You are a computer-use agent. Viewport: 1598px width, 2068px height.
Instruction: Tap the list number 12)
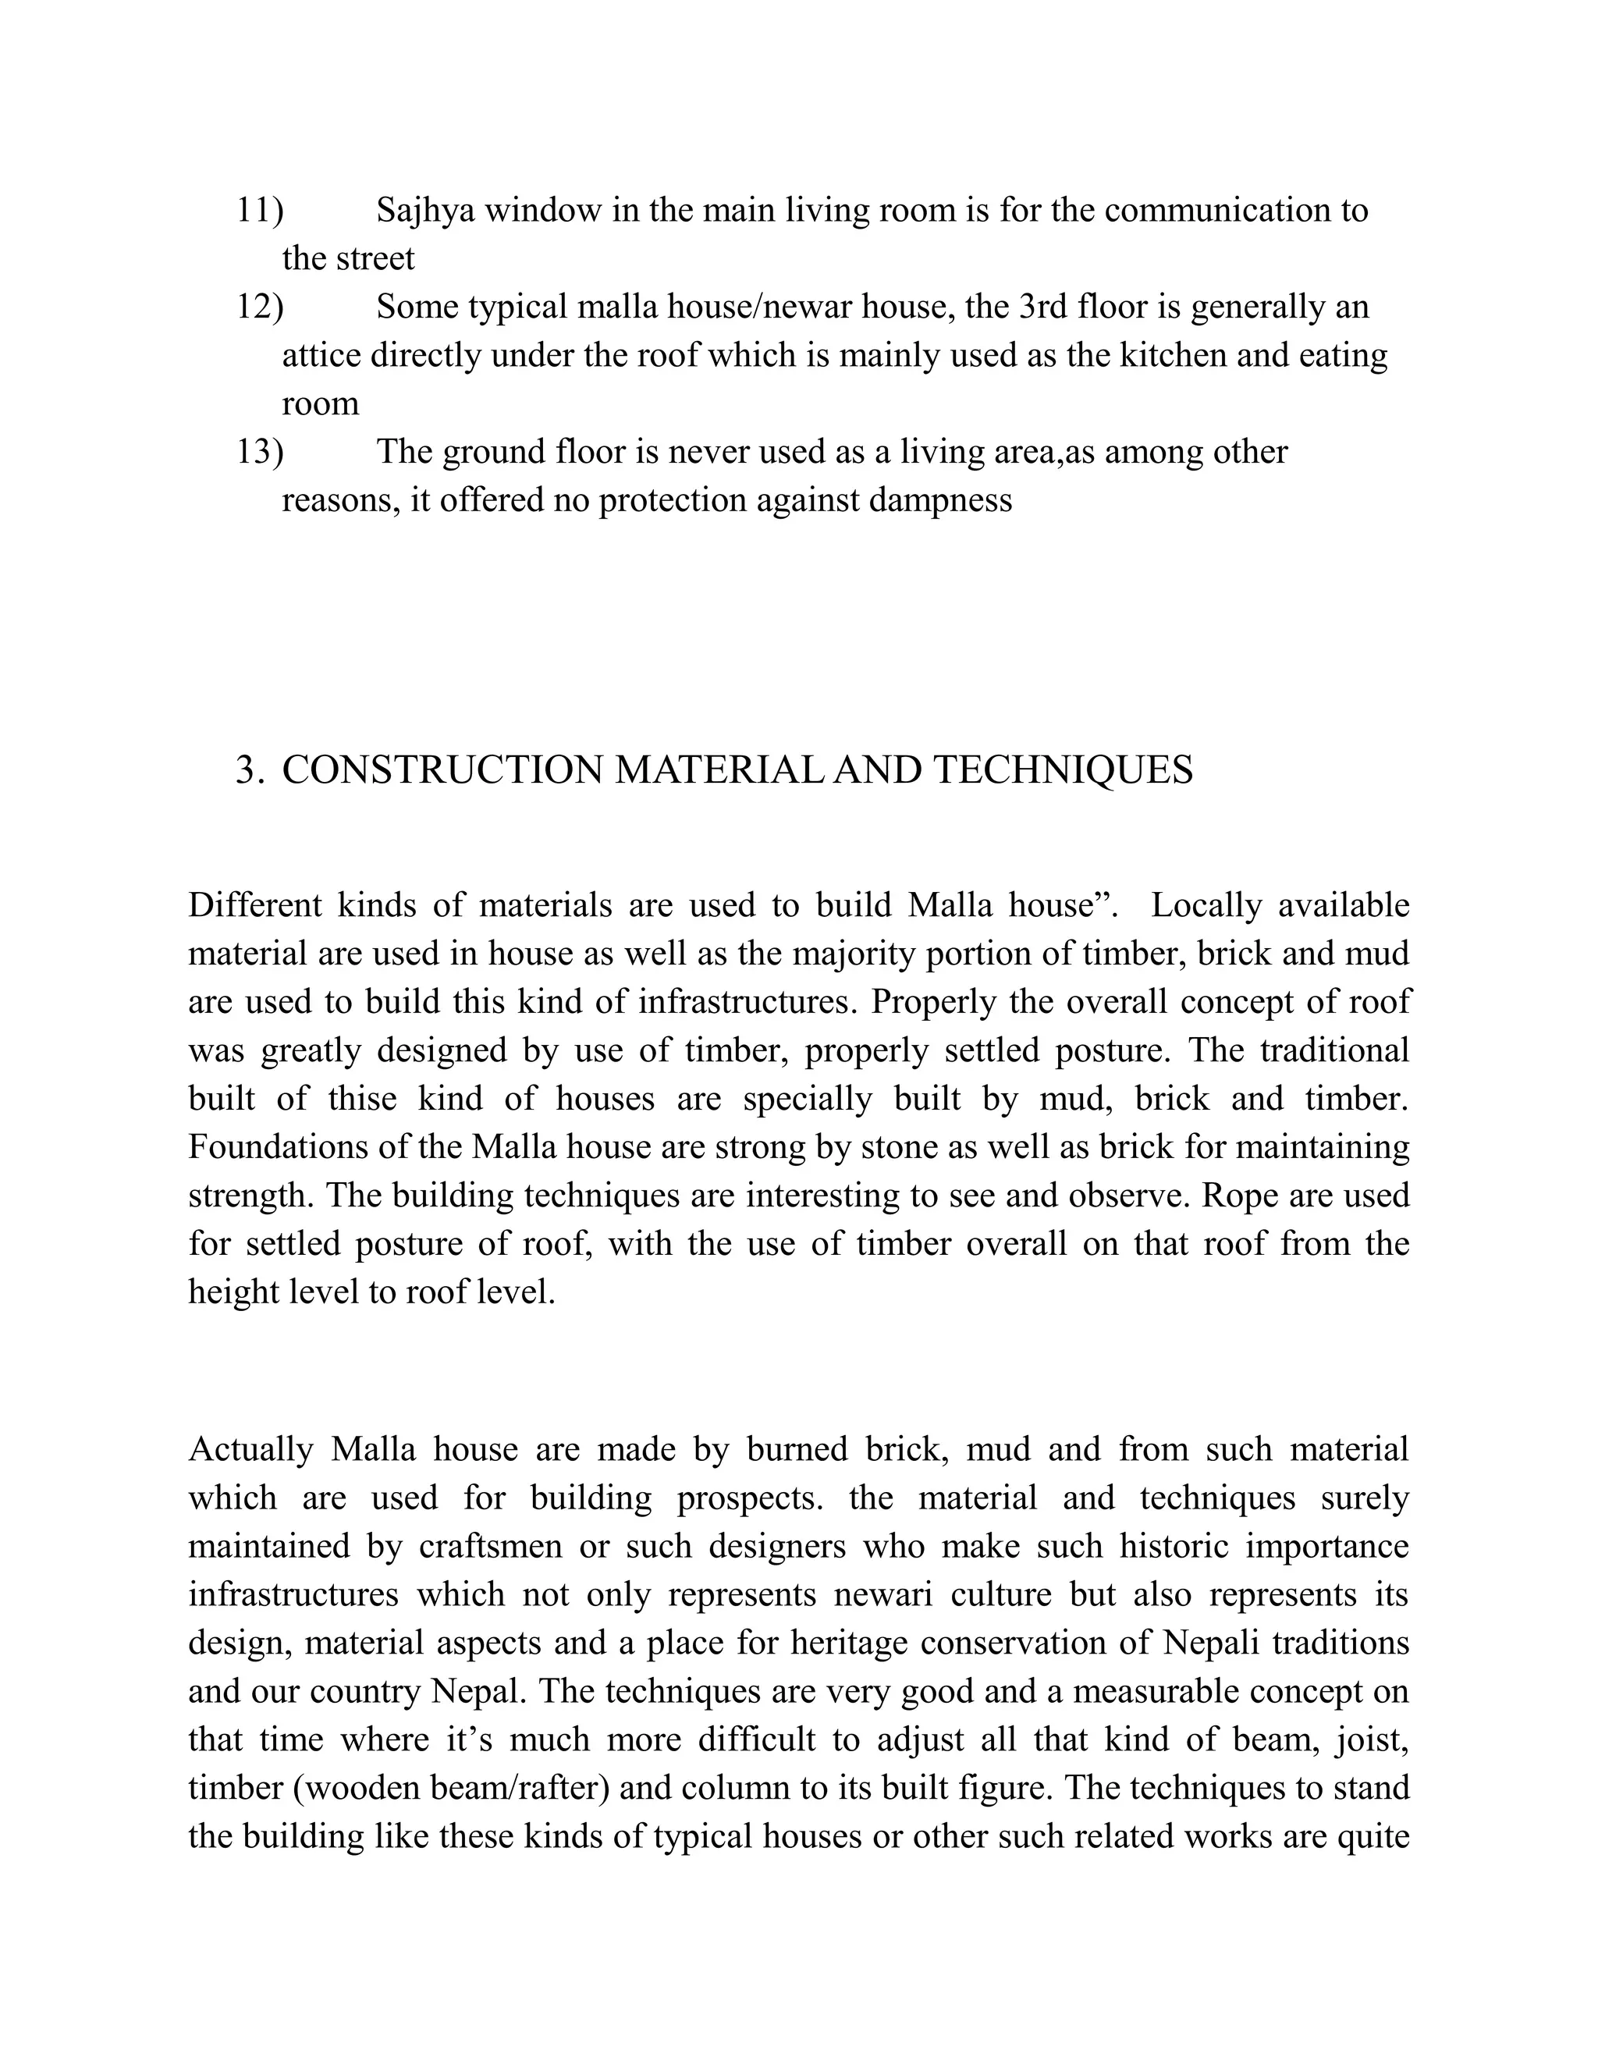pos(259,307)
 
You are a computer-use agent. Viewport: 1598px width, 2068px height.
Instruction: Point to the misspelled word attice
pos(321,356)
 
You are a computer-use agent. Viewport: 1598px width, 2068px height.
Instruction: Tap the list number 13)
pos(259,453)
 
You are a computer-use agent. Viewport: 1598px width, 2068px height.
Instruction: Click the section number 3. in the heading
pos(249,771)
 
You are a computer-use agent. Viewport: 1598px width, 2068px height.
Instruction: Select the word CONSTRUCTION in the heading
pos(443,771)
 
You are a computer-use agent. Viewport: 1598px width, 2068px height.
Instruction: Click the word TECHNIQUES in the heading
pos(1064,771)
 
